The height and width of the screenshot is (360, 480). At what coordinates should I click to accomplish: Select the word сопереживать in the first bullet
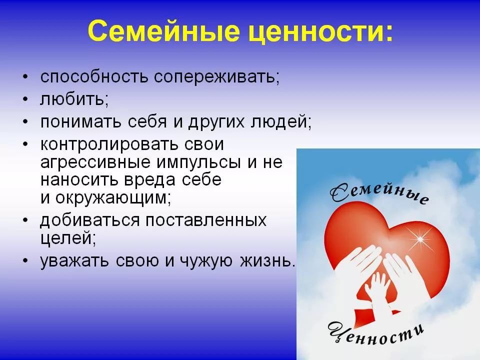pos(216,77)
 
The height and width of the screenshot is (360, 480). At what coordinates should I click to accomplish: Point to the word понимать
pos(81,122)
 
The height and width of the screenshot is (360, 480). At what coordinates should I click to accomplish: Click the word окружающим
pos(113,198)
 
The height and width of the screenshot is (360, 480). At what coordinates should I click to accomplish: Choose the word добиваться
pos(90,220)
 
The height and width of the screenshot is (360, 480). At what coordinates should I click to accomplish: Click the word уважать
pos(74,261)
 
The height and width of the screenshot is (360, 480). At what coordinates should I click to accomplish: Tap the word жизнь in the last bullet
pos(267,261)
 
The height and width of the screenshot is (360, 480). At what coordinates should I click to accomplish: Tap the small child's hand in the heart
pos(376,291)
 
